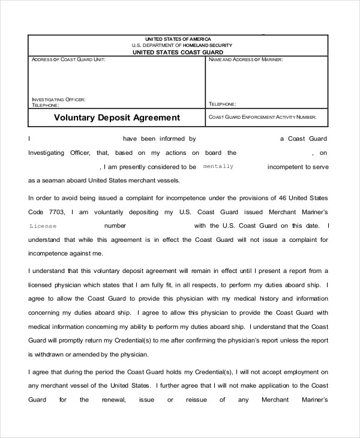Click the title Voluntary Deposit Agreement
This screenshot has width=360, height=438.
[117, 118]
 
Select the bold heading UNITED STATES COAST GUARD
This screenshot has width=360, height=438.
[178, 52]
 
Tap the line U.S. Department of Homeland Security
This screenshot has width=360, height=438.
[178, 46]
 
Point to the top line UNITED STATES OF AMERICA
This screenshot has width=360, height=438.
[178, 39]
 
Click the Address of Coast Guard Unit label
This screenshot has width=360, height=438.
[68, 60]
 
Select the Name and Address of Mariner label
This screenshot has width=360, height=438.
[246, 60]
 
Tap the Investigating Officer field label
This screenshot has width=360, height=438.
[58, 99]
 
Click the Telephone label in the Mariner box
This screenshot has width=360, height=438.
[223, 104]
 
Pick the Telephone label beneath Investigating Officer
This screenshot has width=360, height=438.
[45, 104]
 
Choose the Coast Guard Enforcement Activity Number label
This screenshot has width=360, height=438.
[262, 117]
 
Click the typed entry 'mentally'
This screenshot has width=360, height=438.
[218, 166]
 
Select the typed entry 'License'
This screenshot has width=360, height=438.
[43, 226]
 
